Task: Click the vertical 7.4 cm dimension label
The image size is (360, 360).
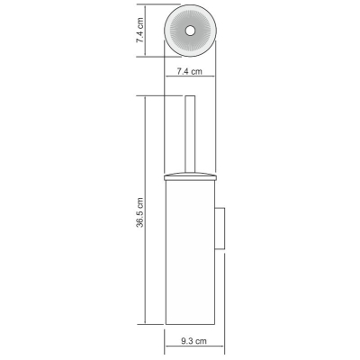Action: pyautogui.click(x=140, y=30)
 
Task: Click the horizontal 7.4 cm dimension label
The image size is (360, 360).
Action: pyautogui.click(x=189, y=71)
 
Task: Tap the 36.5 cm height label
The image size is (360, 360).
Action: pyautogui.click(x=140, y=212)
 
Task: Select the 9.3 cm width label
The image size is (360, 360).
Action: pyautogui.click(x=193, y=341)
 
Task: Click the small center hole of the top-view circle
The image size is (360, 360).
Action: pyautogui.click(x=190, y=31)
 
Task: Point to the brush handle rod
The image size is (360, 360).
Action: pyautogui.click(x=190, y=134)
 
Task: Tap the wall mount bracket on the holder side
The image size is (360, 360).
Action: pyautogui.click(x=220, y=228)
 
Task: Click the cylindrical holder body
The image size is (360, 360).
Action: pyautogui.click(x=191, y=252)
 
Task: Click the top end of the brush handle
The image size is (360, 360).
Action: pyautogui.click(x=190, y=96)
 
